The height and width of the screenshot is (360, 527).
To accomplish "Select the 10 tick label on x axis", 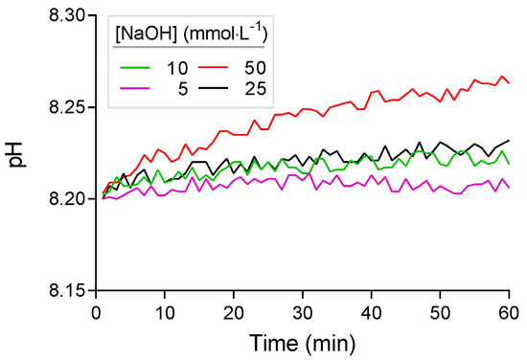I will pos(165,313).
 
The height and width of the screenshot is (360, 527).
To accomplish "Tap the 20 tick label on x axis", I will pos(234,313).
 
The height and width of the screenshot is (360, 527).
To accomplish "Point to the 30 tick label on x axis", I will pos(302,313).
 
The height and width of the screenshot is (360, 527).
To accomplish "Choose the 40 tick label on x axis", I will pos(371,313).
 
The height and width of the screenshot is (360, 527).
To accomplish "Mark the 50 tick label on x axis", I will pos(440,313).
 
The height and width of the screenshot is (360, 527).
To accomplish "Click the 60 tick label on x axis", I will pos(508,313).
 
